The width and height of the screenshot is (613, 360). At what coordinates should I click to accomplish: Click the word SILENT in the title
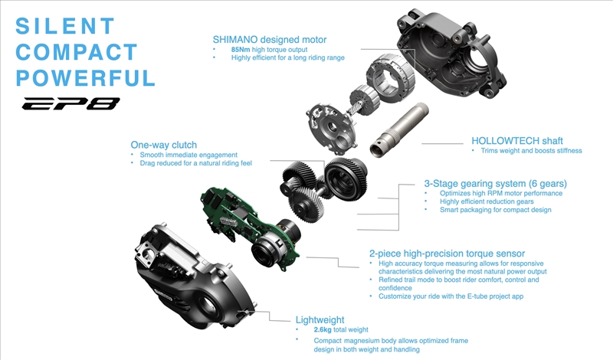[x=65, y=26]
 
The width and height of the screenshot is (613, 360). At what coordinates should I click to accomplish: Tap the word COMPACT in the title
[x=77, y=52]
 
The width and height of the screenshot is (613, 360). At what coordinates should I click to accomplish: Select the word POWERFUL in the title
[x=86, y=78]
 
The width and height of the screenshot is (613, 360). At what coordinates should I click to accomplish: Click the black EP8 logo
[x=70, y=103]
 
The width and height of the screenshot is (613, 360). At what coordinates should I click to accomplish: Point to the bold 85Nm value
[x=241, y=50]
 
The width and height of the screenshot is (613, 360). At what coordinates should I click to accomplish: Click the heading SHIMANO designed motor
[x=270, y=40]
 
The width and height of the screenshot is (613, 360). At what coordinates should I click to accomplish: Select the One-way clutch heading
[x=164, y=145]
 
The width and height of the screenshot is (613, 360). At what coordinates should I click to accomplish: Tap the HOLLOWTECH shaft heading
[x=516, y=141]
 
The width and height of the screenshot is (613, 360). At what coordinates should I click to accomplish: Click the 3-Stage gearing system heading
[x=495, y=183]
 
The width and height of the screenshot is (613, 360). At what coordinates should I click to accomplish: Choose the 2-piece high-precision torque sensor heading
[x=447, y=254]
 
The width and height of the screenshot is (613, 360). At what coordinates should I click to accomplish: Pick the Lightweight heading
[x=320, y=320]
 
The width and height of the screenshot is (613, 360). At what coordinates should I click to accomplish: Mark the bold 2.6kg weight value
[x=323, y=330]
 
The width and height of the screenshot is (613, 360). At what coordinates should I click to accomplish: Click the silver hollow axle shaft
[x=398, y=129]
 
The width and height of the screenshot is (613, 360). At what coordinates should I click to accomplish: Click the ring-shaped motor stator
[x=390, y=77]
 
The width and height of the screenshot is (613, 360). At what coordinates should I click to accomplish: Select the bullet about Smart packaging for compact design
[x=495, y=210]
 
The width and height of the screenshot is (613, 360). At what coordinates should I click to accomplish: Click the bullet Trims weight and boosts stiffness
[x=531, y=151]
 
